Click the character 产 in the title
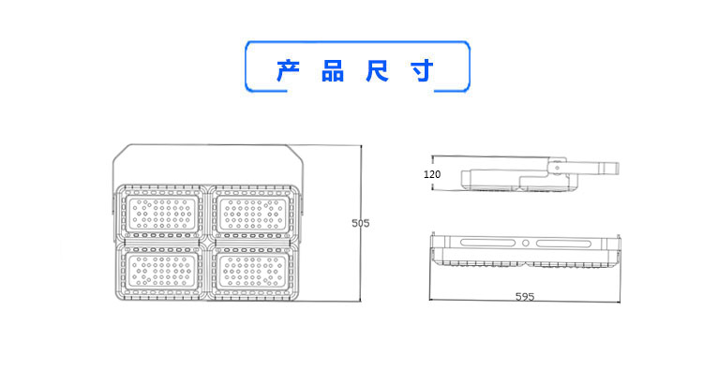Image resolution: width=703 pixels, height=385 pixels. pos(289,71)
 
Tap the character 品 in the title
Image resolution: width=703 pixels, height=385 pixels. pos(333,71)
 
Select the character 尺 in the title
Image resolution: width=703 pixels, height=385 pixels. pos(378,71)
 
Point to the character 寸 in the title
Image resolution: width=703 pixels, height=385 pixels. pos(422,71)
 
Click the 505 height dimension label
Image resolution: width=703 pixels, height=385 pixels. pos(360,223)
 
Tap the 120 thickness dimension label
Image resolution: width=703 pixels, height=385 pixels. pos(432,175)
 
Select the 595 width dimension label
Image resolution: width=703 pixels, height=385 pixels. pos(524,297)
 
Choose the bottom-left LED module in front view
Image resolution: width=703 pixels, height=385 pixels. pos(164,273)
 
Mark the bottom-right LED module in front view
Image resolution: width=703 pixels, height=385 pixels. pos(252,273)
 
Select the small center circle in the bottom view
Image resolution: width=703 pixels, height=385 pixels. pos(526,243)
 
